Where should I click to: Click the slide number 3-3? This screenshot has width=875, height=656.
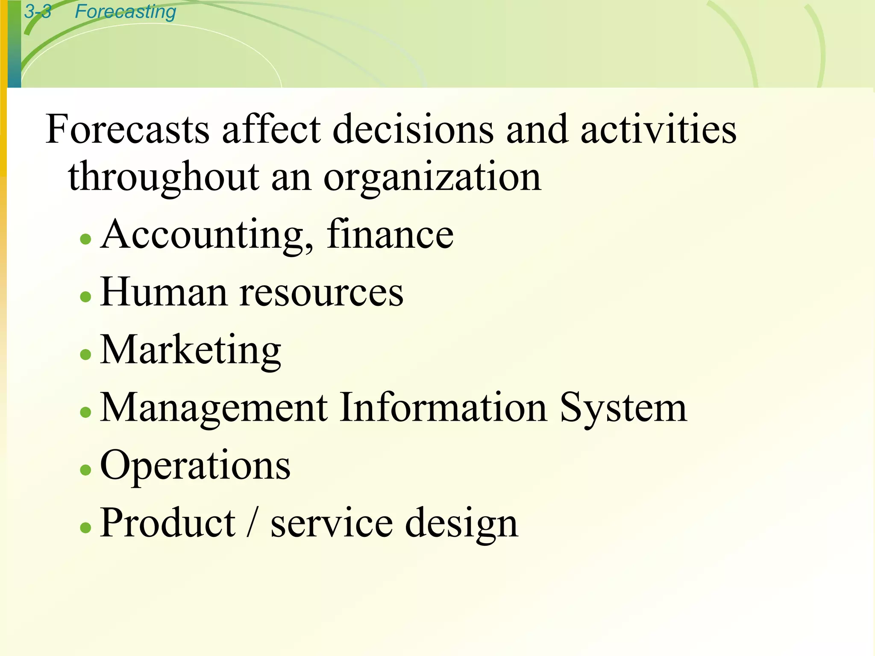(x=38, y=12)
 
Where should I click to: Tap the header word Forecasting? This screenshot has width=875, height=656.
(x=125, y=12)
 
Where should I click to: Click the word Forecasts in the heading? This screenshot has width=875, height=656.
(x=127, y=129)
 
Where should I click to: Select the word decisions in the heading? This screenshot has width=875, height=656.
(x=413, y=129)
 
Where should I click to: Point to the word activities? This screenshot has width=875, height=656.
(x=658, y=129)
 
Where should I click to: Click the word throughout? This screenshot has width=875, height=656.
(x=164, y=177)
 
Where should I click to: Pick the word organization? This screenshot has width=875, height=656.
(x=432, y=177)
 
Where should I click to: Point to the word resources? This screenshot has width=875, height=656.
(x=321, y=293)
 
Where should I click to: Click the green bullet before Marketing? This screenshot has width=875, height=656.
(x=86, y=354)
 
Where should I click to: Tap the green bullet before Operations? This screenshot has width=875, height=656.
(x=86, y=469)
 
